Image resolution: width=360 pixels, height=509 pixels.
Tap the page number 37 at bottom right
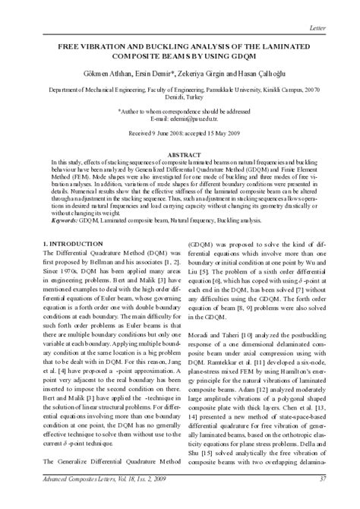click(322, 499)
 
